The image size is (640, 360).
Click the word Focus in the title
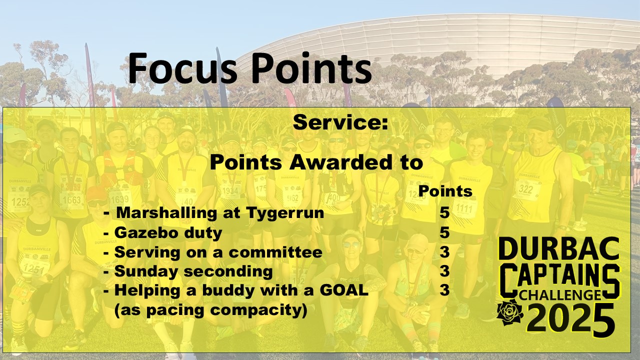(183, 68)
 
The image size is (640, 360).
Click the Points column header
(445, 191)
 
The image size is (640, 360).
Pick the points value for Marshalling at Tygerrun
(444, 213)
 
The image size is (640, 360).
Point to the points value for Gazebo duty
(444, 232)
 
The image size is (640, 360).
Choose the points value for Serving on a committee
(444, 252)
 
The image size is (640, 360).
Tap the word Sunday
(146, 271)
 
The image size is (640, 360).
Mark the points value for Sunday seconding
(444, 271)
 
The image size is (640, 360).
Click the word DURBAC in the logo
(559, 249)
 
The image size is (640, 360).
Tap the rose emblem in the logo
(510, 312)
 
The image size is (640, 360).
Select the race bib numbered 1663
(72, 199)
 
